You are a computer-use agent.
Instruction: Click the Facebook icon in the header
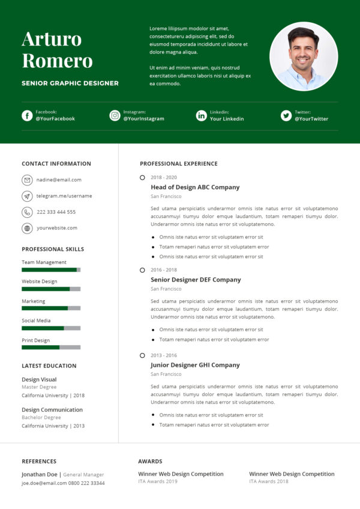click(27, 116)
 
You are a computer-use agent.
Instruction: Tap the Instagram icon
click(115, 116)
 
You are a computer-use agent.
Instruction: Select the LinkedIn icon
click(202, 116)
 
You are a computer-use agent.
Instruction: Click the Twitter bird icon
click(286, 116)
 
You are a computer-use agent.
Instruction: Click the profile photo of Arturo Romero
click(304, 56)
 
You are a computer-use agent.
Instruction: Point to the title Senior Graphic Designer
click(70, 83)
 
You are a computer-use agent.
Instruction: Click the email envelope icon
click(27, 180)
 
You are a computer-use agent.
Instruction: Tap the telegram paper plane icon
click(27, 196)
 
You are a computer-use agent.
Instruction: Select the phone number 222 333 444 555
click(56, 212)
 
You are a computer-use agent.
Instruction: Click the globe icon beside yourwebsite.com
click(27, 228)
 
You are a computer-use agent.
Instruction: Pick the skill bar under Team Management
click(51, 270)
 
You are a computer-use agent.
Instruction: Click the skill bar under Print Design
click(51, 348)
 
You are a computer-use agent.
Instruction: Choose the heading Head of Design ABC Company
click(195, 187)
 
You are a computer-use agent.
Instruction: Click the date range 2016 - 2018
click(164, 270)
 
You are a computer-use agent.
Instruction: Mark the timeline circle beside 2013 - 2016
click(142, 355)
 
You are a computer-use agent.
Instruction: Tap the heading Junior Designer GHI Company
click(195, 365)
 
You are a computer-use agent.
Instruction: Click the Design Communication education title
click(52, 410)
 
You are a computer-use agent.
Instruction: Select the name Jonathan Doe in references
click(40, 474)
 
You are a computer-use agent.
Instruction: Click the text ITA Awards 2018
click(269, 481)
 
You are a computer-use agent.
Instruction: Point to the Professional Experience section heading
click(179, 164)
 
